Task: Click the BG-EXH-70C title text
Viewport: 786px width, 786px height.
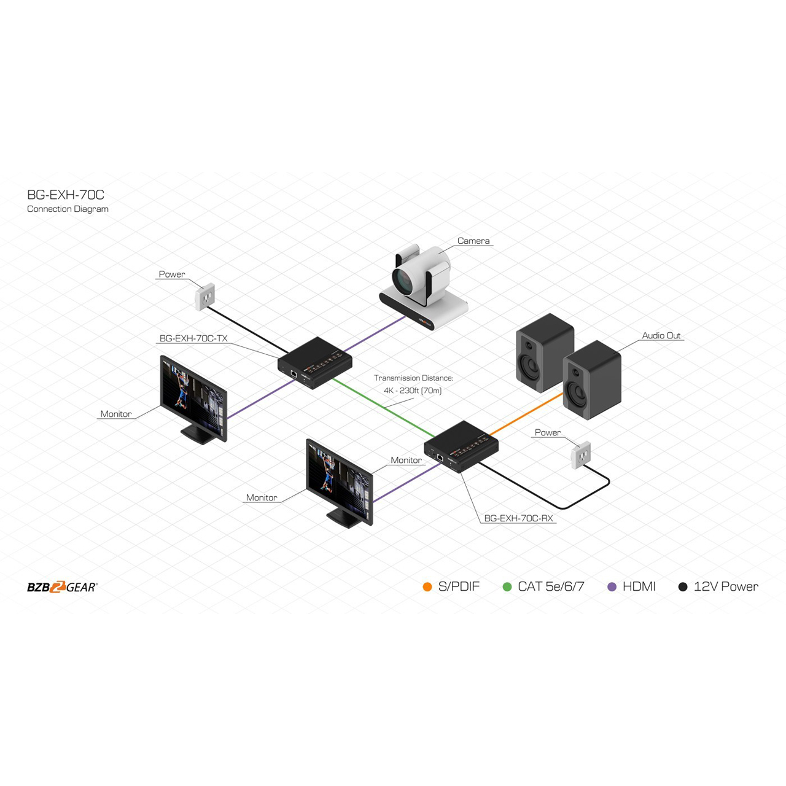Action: point(66,195)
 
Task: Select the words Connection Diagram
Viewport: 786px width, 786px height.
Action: point(68,209)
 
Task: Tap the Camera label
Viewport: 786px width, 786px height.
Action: point(473,241)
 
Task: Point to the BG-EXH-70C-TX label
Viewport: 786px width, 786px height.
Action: point(193,338)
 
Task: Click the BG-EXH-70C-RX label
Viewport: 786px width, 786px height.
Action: point(518,518)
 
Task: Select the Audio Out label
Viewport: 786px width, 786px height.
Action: point(661,335)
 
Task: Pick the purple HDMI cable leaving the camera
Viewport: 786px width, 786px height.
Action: point(375,333)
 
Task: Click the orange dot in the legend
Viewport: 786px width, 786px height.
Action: point(427,586)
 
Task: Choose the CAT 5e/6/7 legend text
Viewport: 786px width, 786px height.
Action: point(551,586)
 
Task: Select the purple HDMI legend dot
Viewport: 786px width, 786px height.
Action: point(612,586)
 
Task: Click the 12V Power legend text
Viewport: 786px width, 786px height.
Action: point(726,586)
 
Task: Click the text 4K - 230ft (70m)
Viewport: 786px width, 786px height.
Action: point(413,391)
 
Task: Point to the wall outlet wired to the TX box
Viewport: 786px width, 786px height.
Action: point(204,297)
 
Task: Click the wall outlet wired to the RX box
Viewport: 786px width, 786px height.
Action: point(581,455)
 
